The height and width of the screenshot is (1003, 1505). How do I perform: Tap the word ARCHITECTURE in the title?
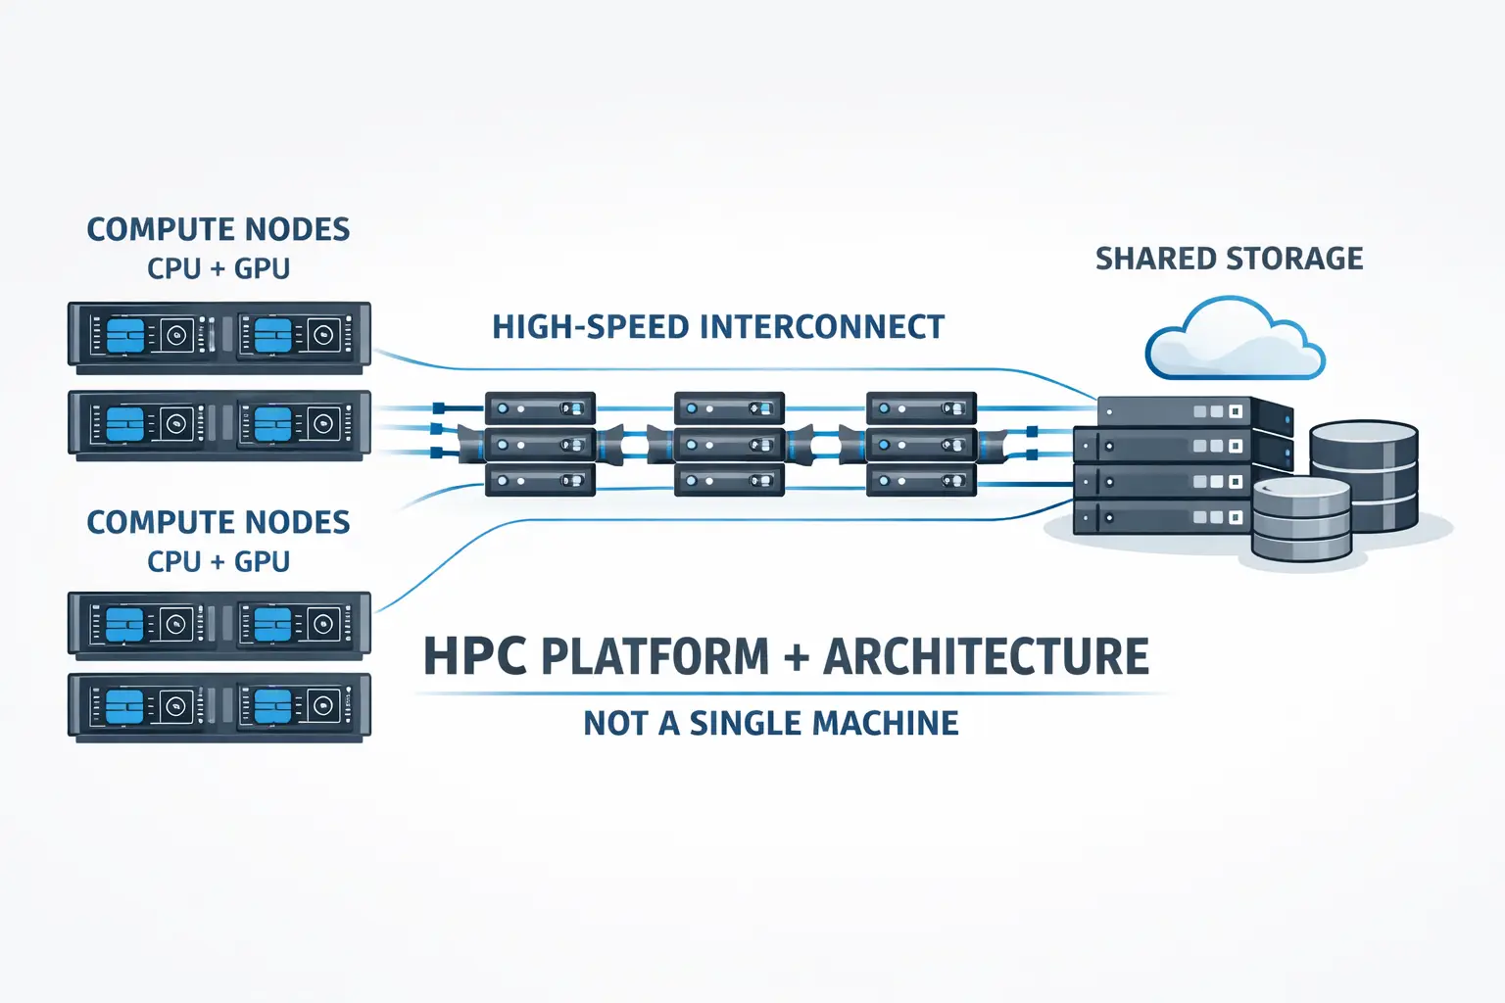pos(986,657)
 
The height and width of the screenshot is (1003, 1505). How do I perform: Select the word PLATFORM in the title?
pos(655,657)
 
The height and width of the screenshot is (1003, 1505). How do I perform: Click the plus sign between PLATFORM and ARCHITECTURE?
pos(797,658)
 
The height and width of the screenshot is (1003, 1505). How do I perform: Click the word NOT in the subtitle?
pos(616,724)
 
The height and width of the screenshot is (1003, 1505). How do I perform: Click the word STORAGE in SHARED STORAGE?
pos(1295,259)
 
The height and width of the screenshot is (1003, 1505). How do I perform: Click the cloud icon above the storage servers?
pos(1235,341)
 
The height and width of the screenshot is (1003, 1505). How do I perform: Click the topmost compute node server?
pos(219,336)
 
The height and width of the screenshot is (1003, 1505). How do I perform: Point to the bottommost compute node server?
pos(219,705)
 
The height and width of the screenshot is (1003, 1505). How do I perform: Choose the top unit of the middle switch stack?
pos(729,408)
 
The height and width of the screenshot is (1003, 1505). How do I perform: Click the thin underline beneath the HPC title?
pos(790,693)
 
